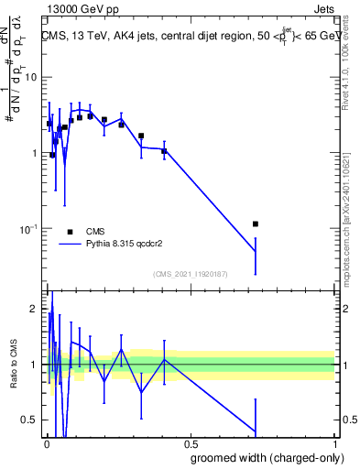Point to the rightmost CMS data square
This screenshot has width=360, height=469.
click(x=256, y=224)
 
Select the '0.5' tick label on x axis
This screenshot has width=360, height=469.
click(x=191, y=443)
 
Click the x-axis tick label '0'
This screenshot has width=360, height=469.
click(x=46, y=443)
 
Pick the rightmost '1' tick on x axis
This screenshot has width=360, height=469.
click(x=334, y=443)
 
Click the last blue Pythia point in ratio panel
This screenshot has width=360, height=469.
click(x=256, y=432)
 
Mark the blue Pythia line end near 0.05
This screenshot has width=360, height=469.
click(x=256, y=251)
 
